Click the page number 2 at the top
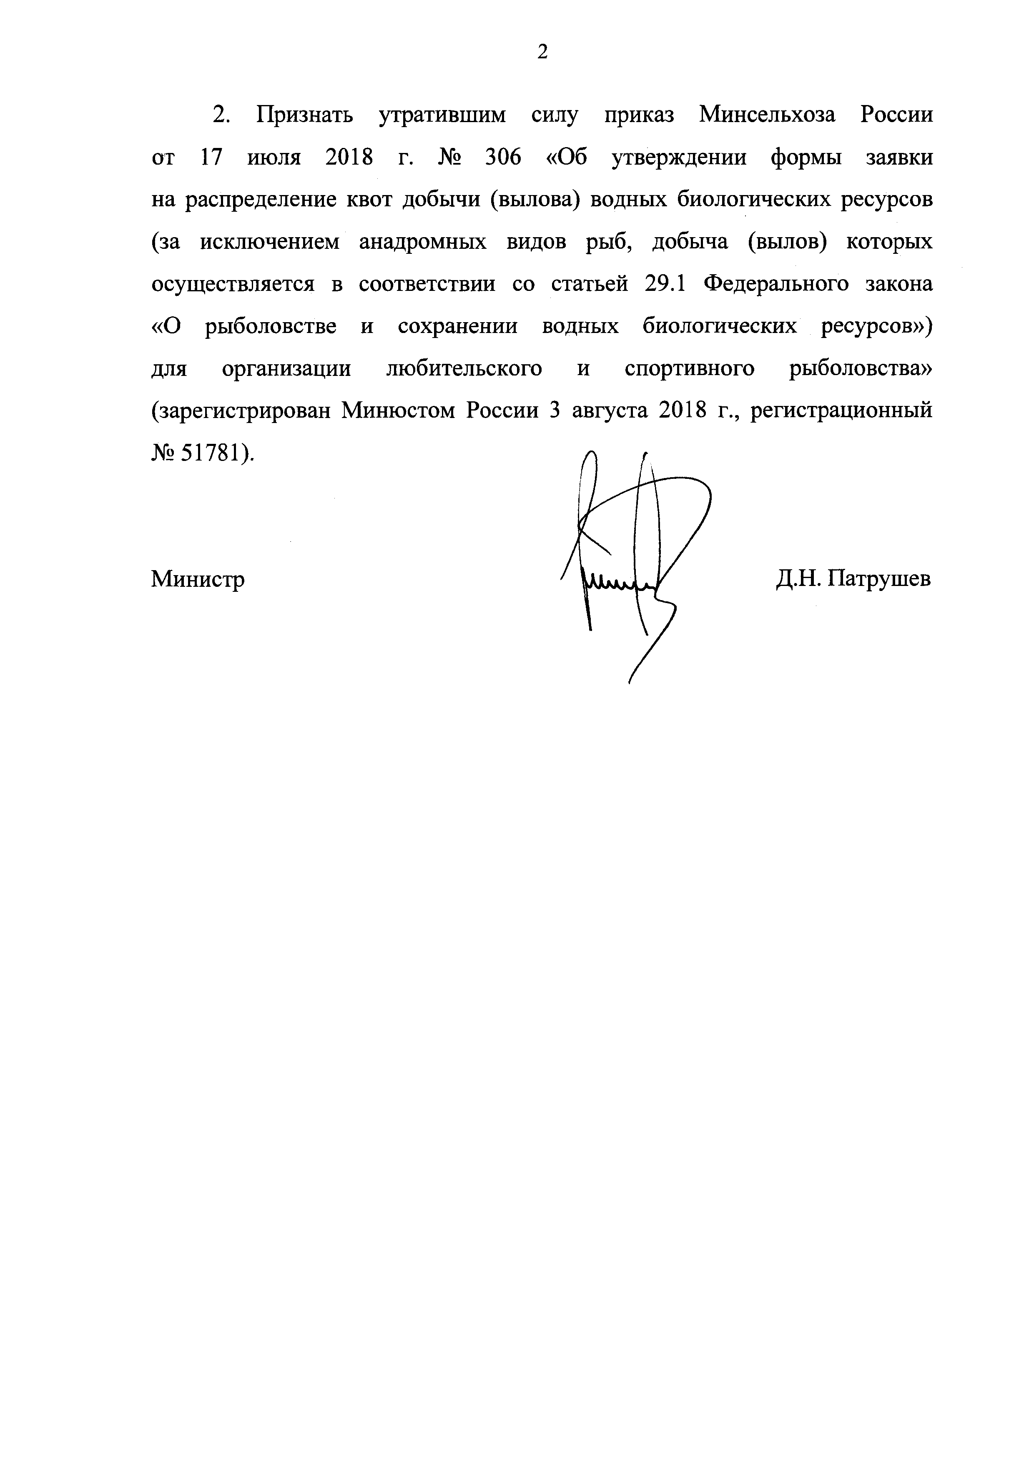(542, 52)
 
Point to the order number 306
(503, 157)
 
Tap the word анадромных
(422, 243)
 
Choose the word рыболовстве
(271, 327)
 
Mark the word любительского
(464, 369)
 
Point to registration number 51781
(208, 452)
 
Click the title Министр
(198, 579)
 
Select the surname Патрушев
(881, 579)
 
